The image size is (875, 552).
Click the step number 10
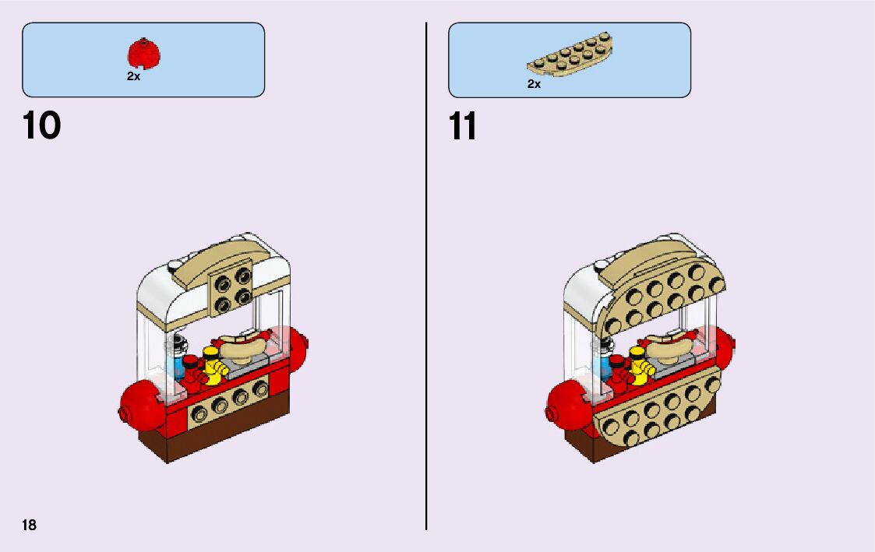point(42,125)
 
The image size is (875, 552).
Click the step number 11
point(463,126)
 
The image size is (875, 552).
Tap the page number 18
point(29,525)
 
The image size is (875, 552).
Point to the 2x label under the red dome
point(133,77)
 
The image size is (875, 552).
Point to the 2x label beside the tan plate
point(534,84)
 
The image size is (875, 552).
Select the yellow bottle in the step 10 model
point(211,367)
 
